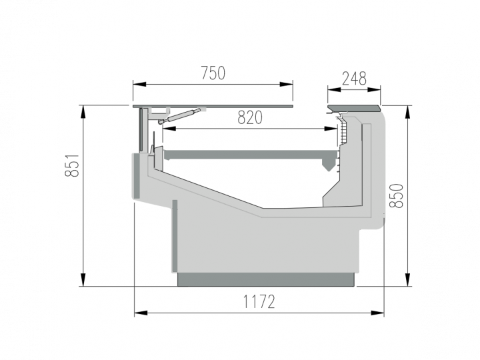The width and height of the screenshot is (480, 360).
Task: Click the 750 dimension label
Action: click(213, 73)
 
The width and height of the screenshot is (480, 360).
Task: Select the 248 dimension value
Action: click(354, 79)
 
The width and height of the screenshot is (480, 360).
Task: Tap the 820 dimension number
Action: click(250, 117)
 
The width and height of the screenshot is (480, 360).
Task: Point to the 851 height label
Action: click(72, 165)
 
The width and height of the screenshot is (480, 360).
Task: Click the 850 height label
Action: click(396, 196)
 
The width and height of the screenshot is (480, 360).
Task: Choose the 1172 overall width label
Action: click(259, 301)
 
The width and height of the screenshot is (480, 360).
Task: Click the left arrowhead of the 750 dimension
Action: click(139, 84)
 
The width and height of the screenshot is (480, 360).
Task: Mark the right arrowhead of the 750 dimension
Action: click(286, 84)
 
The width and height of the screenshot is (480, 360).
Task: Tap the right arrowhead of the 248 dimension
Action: click(374, 90)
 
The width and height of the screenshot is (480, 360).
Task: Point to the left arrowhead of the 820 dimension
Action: click(169, 129)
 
